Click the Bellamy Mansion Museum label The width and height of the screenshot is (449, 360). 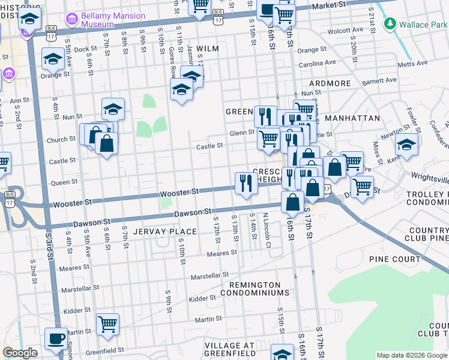tap(113, 20)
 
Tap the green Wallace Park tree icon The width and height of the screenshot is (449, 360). tap(391, 24)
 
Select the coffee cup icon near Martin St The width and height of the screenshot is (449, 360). tap(56, 338)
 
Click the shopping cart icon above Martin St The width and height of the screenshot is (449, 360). tap(107, 324)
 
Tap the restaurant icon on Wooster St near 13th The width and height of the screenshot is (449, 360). tap(246, 183)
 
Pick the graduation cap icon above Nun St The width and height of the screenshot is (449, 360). tap(113, 109)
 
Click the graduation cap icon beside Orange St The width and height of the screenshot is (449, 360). tap(53, 59)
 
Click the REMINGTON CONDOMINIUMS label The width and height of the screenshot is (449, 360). tap(250, 289)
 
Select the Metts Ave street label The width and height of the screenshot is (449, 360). tap(414, 63)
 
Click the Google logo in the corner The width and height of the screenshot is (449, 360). tap(20, 353)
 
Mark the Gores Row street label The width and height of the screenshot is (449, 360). tap(172, 61)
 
